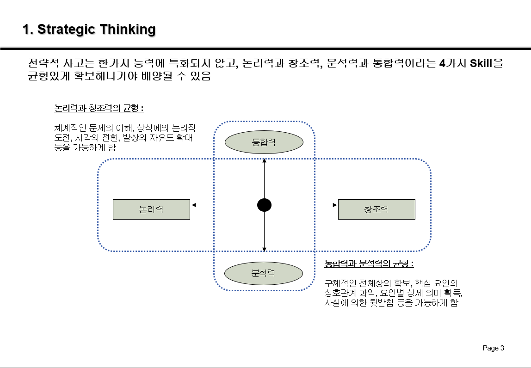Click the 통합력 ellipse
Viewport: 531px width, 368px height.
(x=264, y=142)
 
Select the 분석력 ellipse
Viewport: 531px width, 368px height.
(x=264, y=273)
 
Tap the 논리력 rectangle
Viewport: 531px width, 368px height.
(x=151, y=209)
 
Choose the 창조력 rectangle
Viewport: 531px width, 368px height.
(x=377, y=209)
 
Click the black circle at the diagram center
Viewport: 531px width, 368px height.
(x=264, y=205)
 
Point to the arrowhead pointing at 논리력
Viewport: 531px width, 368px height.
(x=194, y=205)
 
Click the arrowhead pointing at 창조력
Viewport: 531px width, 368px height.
(x=334, y=205)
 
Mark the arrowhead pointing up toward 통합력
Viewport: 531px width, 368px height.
(x=264, y=161)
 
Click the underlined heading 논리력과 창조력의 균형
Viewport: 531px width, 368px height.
(x=99, y=109)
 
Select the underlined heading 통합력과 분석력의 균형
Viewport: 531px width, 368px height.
(x=369, y=264)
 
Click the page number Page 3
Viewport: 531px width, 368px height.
(x=493, y=348)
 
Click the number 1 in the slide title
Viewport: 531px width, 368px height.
(x=27, y=30)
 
